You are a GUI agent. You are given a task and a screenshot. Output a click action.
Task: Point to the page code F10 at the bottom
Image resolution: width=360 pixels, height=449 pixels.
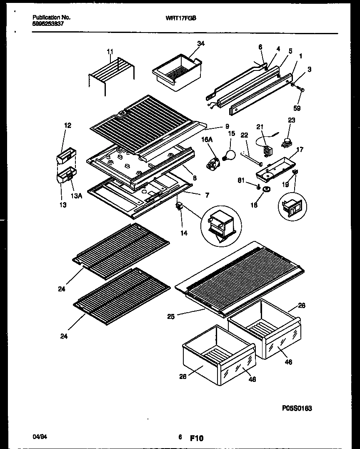coord(197,438)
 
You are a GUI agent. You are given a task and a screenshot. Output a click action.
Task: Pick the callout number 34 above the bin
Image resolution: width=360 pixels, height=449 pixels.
coord(201,43)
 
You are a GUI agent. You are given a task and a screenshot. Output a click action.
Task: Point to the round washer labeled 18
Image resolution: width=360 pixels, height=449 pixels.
coord(265,191)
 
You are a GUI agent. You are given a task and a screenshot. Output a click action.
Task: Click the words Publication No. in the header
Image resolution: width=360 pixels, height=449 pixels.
coord(51,18)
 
